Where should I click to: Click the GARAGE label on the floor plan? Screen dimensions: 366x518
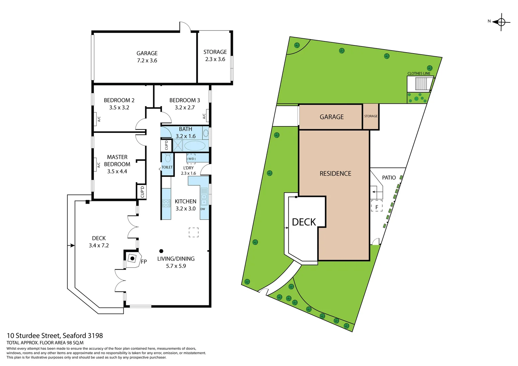[x=147, y=54]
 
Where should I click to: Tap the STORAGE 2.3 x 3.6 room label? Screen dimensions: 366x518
[x=215, y=56]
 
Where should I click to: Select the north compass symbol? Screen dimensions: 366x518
[x=501, y=22]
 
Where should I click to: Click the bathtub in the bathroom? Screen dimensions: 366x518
[x=195, y=146]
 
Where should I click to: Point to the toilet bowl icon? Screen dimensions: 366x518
[x=167, y=158]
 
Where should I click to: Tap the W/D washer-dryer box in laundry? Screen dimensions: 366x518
[x=191, y=159]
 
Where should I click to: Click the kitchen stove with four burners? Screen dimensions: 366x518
[x=166, y=203]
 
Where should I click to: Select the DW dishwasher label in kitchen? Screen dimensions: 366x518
[x=203, y=209]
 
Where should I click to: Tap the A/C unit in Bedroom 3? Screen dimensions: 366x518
[x=204, y=116]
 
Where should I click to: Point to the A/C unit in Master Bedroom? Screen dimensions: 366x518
[x=99, y=165]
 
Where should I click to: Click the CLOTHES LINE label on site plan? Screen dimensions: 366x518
[x=419, y=74]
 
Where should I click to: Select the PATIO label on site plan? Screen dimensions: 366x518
[x=389, y=178]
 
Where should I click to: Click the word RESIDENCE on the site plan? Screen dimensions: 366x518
[x=335, y=174]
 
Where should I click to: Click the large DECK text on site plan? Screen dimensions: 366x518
[x=304, y=222]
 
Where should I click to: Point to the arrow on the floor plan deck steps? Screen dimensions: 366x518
[x=71, y=245]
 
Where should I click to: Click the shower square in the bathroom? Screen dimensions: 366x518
[x=178, y=146]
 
